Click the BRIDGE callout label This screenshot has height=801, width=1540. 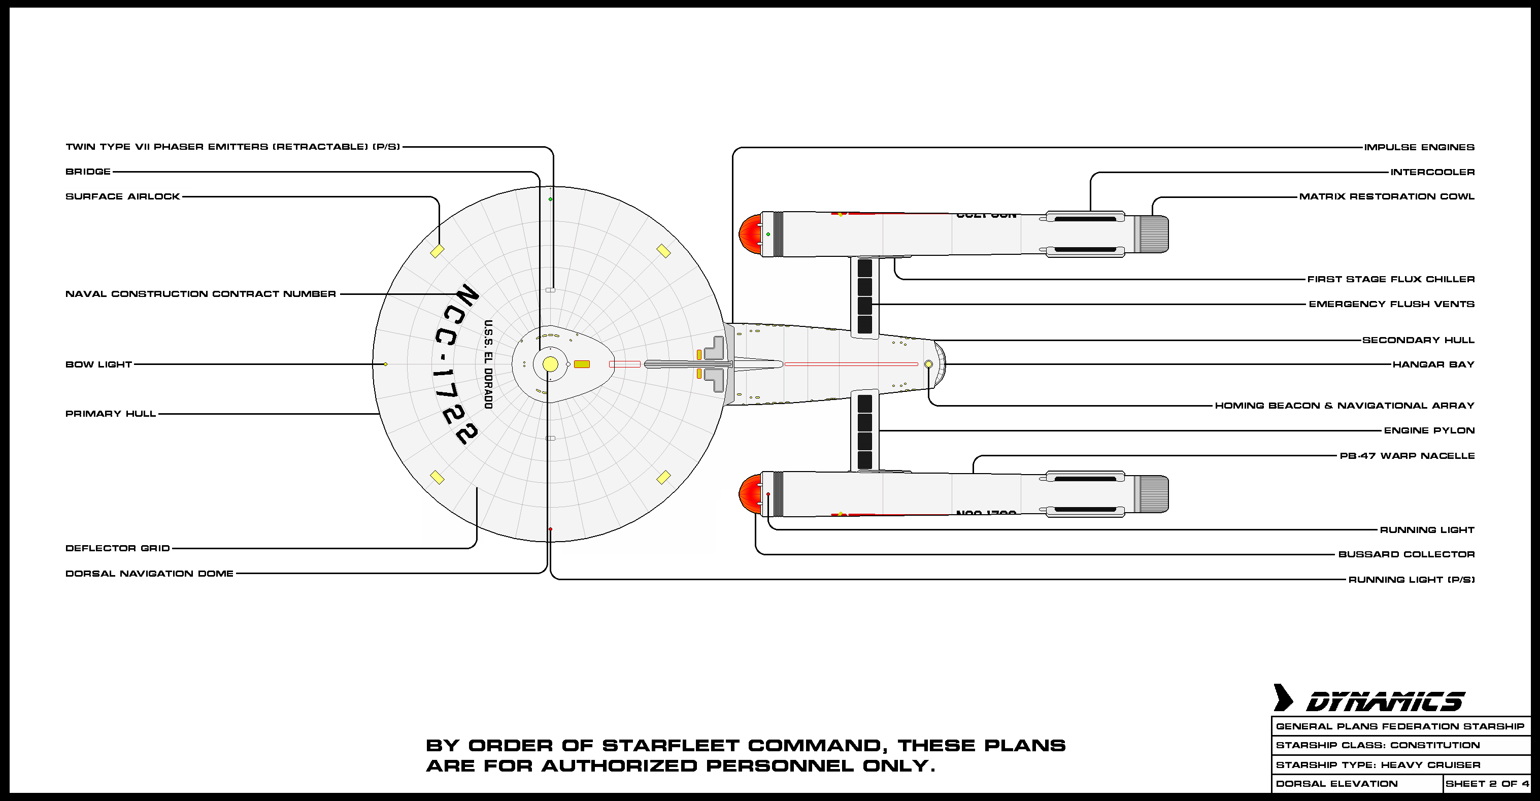(x=88, y=172)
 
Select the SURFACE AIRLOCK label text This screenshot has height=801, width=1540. (x=122, y=196)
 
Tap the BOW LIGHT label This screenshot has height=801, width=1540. (x=98, y=364)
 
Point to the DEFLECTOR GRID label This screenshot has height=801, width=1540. (x=118, y=548)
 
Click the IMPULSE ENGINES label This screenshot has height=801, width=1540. (x=1419, y=147)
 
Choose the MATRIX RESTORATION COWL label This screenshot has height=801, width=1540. (x=1386, y=196)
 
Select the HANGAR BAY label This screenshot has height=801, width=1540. (x=1433, y=364)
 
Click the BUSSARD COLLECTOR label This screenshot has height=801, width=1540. (x=1406, y=554)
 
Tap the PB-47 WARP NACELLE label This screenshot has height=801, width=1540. (x=1407, y=455)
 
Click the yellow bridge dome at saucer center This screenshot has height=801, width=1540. (x=550, y=364)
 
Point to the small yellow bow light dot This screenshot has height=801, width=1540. (x=386, y=364)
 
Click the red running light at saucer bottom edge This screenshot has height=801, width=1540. (x=550, y=529)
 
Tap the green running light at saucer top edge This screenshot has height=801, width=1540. (x=550, y=199)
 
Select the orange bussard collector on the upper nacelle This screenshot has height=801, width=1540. (x=749, y=233)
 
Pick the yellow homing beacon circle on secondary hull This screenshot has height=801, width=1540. (x=928, y=364)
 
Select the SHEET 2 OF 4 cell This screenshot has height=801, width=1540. (x=1487, y=784)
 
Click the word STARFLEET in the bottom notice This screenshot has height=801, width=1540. (x=671, y=746)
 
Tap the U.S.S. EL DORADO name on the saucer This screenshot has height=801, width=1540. (x=488, y=364)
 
